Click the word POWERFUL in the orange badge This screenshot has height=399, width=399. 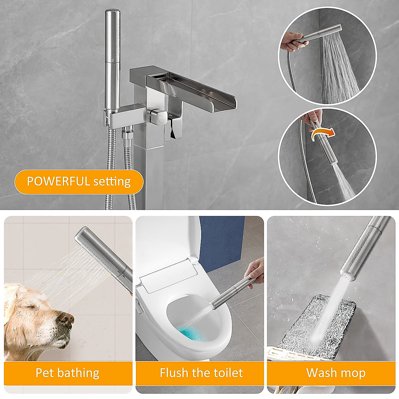58,182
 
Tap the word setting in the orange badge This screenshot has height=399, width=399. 112,182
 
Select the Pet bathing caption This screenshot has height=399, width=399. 67,373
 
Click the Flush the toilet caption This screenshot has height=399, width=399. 201,373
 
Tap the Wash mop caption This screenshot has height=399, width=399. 336,373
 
